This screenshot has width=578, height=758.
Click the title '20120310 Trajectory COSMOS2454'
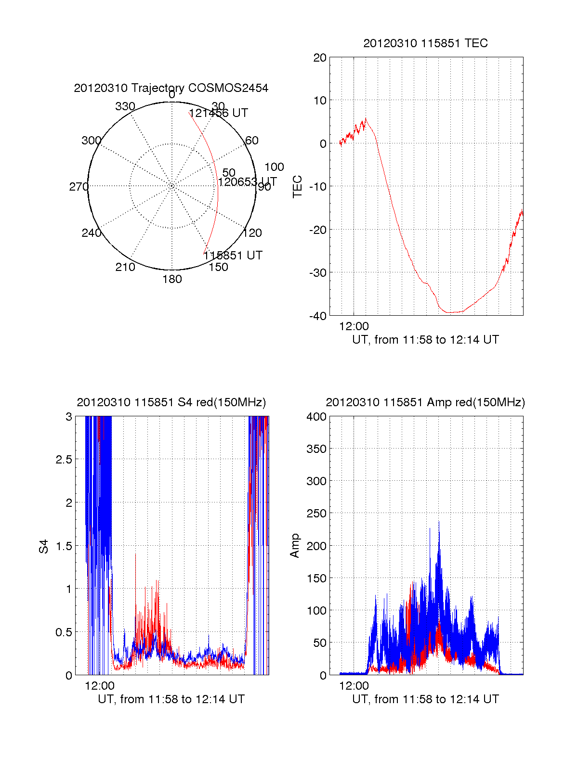click(x=171, y=88)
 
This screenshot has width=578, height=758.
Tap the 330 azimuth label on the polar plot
click(x=125, y=106)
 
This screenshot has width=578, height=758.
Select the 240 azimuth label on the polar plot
click(x=91, y=233)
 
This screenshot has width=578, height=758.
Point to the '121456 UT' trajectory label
click(x=218, y=113)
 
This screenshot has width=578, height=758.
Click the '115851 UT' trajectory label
click(x=233, y=256)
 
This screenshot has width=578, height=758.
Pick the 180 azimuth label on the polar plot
click(x=172, y=279)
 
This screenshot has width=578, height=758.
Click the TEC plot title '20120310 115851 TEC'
click(x=425, y=43)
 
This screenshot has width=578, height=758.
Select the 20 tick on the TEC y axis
click(x=320, y=58)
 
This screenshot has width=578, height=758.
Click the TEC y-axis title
click(x=298, y=187)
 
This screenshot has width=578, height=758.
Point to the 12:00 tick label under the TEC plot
click(x=354, y=326)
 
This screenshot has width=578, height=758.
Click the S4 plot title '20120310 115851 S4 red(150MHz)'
click(x=171, y=402)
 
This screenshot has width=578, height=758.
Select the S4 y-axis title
click(x=44, y=546)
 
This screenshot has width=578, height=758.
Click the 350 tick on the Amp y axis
click(x=316, y=449)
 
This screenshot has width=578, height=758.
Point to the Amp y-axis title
click(x=295, y=546)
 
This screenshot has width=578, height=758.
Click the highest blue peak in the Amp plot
click(x=439, y=522)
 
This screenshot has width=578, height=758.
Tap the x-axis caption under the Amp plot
click(x=425, y=699)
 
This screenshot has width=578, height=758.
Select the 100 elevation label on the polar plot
click(x=274, y=167)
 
